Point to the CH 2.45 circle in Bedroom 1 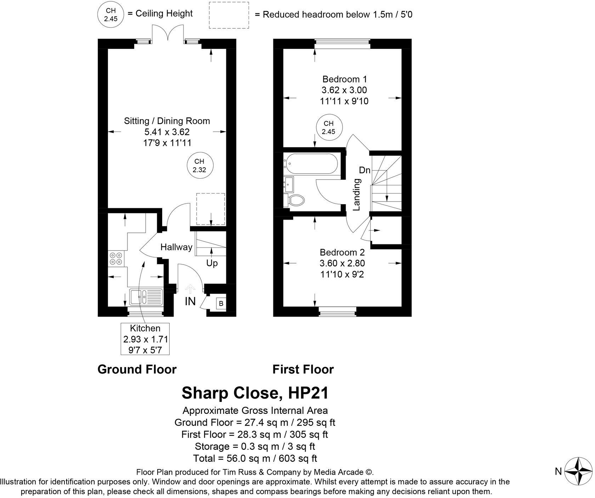point(328,128)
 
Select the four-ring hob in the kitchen point(117,258)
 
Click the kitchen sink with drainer point(146,297)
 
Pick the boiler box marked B point(221,303)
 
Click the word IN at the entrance point(190,301)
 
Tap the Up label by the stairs point(212,263)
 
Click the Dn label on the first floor point(364,170)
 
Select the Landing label point(357,194)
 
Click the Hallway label point(176,247)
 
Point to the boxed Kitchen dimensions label point(145,339)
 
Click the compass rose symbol point(578,471)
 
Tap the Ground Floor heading point(137,369)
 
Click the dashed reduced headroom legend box point(228,15)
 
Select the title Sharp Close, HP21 point(255,393)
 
